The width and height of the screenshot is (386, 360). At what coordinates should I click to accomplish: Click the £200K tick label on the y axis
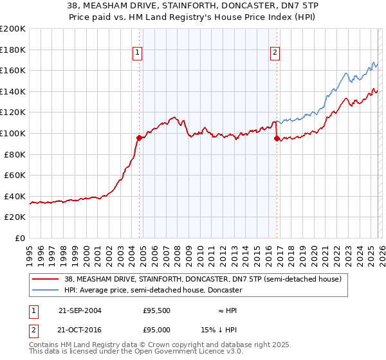point(13,29)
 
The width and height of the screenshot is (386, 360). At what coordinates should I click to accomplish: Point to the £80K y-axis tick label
point(15,154)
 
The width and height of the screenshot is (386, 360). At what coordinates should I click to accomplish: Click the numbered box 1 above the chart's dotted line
point(138,53)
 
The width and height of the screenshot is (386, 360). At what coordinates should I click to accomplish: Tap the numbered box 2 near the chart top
point(275,53)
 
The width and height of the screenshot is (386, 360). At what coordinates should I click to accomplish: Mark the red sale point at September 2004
point(140,138)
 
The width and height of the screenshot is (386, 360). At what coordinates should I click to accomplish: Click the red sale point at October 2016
point(277,138)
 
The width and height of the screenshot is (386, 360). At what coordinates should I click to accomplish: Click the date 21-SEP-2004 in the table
point(80,310)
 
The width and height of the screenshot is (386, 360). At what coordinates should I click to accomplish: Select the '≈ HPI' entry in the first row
point(227,310)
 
